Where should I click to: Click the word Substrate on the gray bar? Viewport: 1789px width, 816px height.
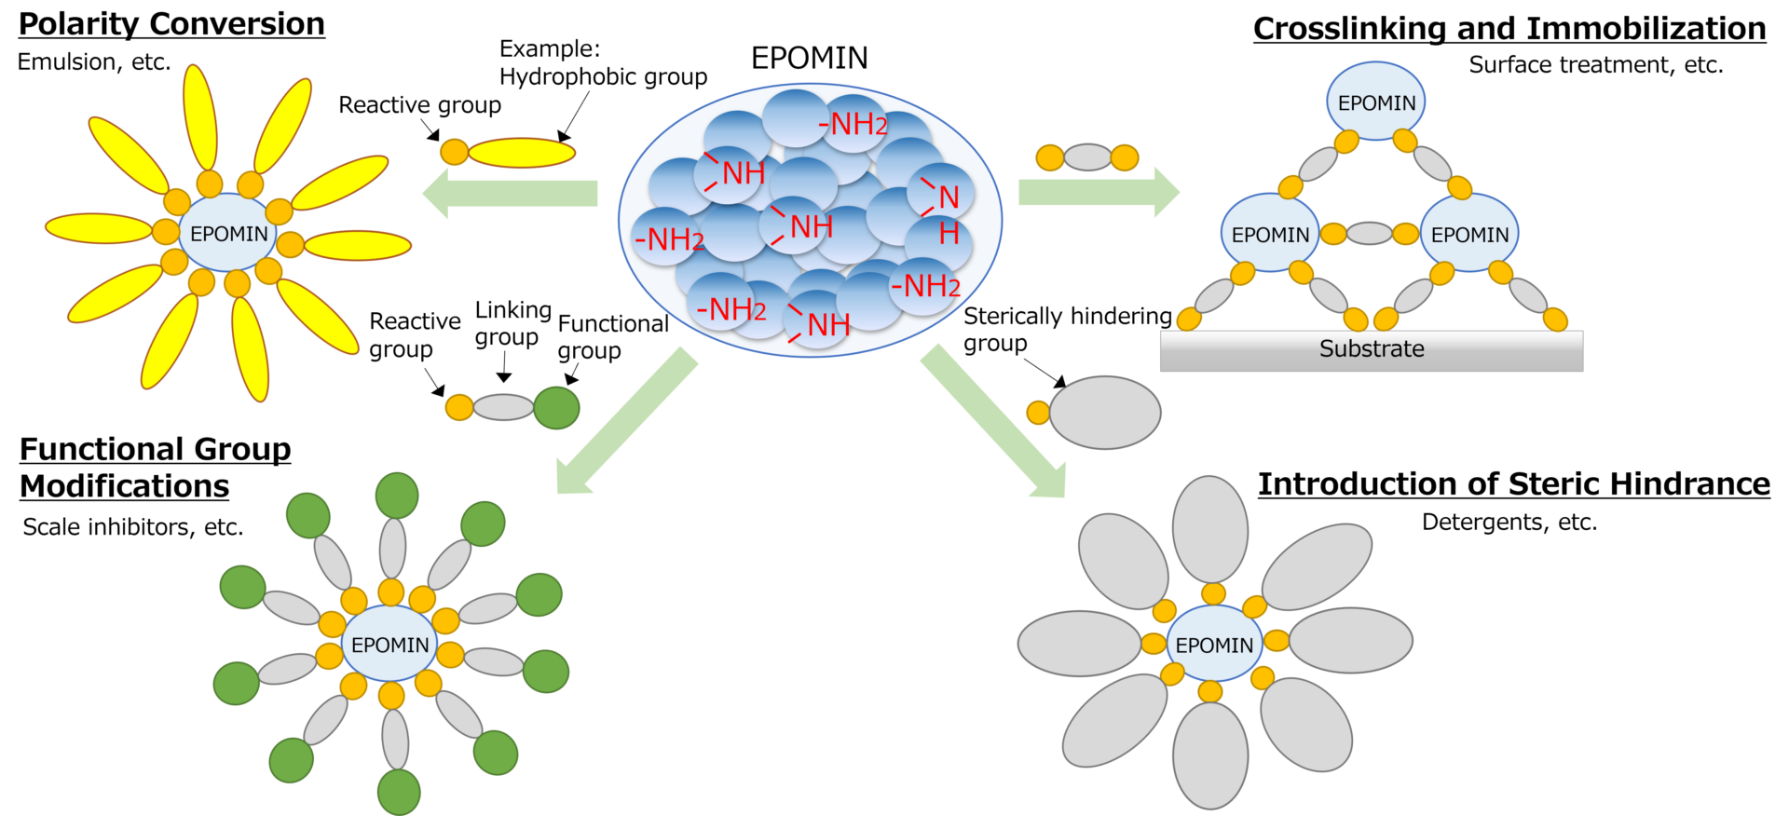(1372, 349)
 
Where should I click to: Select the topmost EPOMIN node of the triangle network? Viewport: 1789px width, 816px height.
(1376, 102)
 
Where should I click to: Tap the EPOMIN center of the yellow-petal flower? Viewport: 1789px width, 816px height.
(228, 233)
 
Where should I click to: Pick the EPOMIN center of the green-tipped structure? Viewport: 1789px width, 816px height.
(389, 645)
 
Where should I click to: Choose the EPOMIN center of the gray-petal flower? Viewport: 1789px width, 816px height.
(1213, 645)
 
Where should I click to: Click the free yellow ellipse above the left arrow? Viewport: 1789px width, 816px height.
(521, 153)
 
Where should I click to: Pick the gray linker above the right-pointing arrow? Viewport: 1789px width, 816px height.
(1087, 157)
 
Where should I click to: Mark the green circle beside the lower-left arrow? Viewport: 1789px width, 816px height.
(556, 408)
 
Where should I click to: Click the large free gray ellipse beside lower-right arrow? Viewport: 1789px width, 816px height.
(1105, 413)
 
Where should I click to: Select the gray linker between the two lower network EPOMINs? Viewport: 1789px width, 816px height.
(1369, 233)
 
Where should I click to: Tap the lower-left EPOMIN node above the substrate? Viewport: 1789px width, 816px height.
(1270, 234)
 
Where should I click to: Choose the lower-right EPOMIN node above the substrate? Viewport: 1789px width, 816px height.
(1469, 234)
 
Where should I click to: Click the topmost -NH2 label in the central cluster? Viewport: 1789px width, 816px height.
(853, 123)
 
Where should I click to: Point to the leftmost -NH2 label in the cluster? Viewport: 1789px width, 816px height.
(669, 239)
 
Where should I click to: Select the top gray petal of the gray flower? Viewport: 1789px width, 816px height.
(1209, 529)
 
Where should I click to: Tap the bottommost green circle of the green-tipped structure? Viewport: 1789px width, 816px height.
(399, 793)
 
